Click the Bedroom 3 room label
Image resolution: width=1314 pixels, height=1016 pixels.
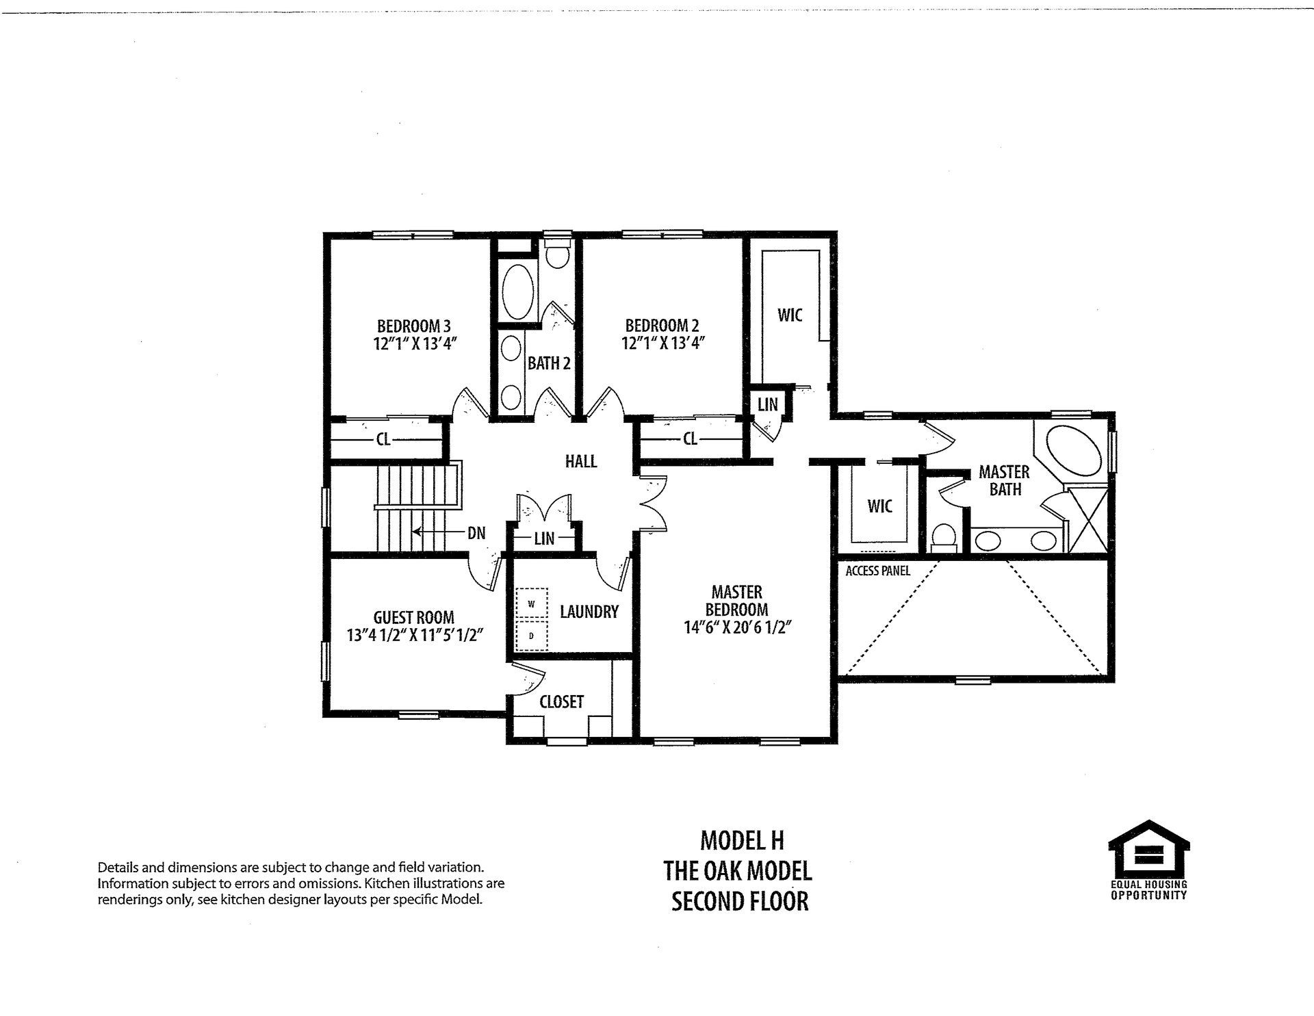coord(413,326)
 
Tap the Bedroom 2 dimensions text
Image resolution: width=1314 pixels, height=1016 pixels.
coord(662,343)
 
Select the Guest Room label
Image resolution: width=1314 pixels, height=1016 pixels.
coord(413,617)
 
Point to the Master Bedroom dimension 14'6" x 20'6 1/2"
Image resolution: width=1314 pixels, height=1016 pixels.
coord(737,627)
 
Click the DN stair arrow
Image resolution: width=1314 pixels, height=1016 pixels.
coord(438,532)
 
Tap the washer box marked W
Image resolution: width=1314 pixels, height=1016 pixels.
coord(532,604)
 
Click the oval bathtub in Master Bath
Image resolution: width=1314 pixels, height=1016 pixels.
coord(1075,452)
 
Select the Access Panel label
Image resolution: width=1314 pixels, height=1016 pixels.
coord(877,571)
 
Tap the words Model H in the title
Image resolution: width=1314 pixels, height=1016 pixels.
coord(741,840)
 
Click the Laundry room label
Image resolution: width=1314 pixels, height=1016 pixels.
coord(589,612)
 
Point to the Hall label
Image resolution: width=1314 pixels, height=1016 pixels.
coord(580,461)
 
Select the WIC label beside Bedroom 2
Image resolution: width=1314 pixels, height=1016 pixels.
coord(790,315)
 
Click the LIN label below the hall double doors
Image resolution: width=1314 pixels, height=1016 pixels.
coord(544,538)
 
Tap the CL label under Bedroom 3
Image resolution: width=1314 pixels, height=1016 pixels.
coord(383,439)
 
